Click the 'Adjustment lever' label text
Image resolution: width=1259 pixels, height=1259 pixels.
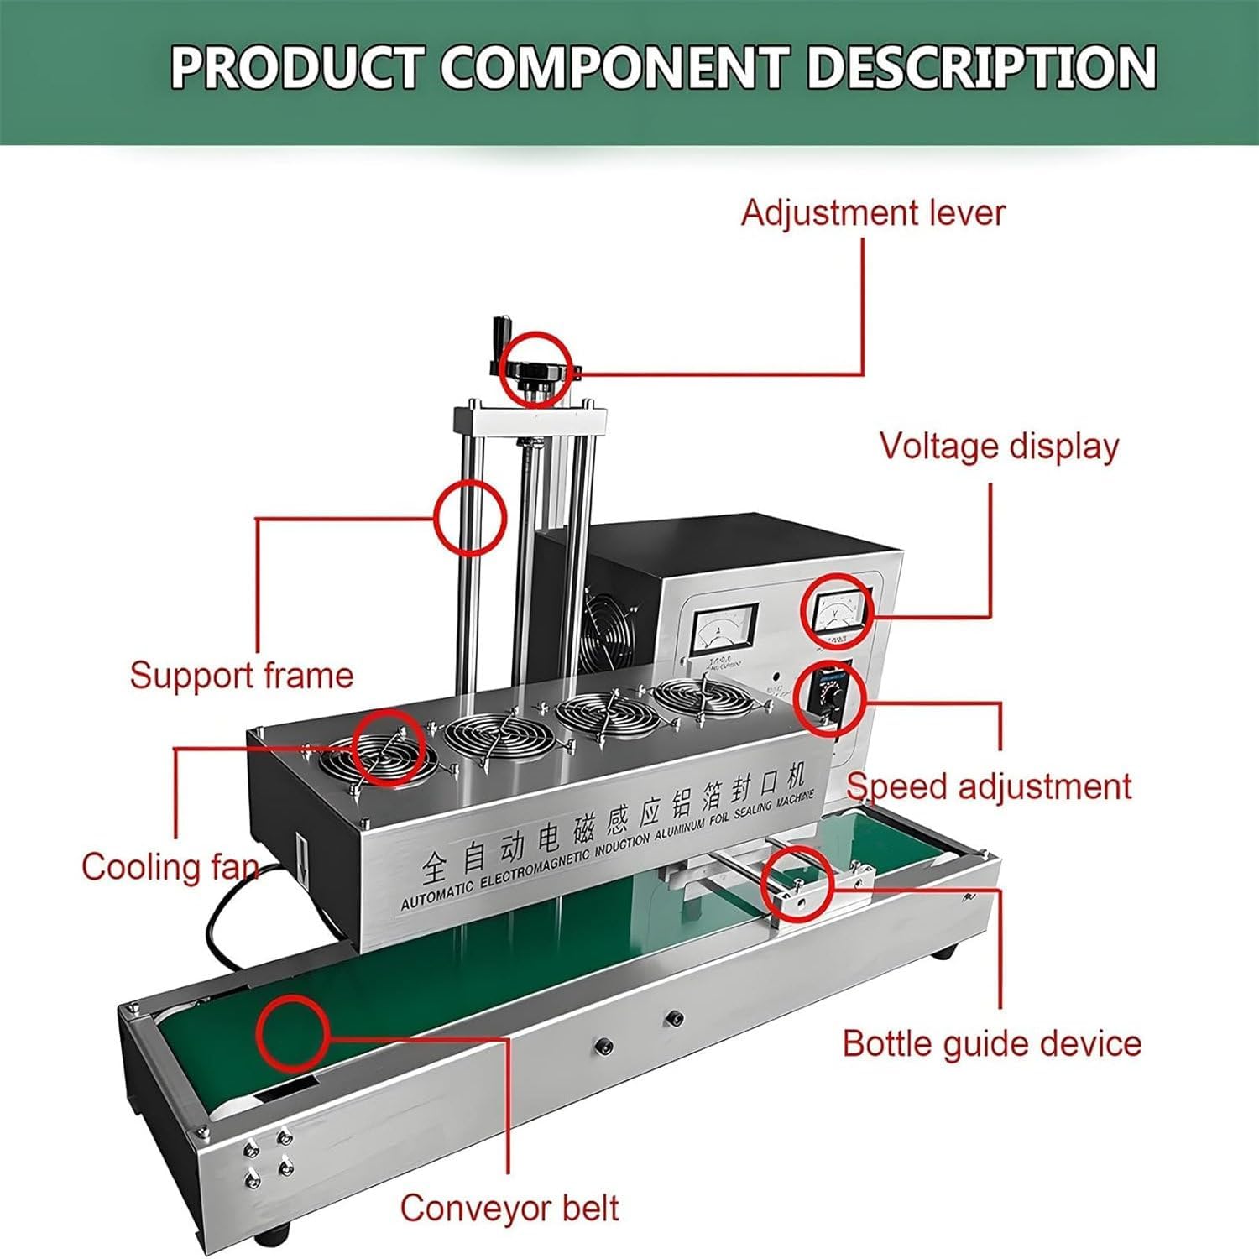click(x=872, y=212)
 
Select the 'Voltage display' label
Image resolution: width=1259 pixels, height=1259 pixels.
click(x=999, y=446)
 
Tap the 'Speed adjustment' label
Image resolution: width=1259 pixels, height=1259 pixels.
click(x=989, y=786)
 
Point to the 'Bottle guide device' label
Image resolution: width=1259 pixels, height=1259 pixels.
click(x=991, y=1043)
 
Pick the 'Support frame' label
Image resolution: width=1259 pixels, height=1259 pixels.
click(x=241, y=676)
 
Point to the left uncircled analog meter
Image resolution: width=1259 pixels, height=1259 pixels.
click(x=724, y=626)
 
